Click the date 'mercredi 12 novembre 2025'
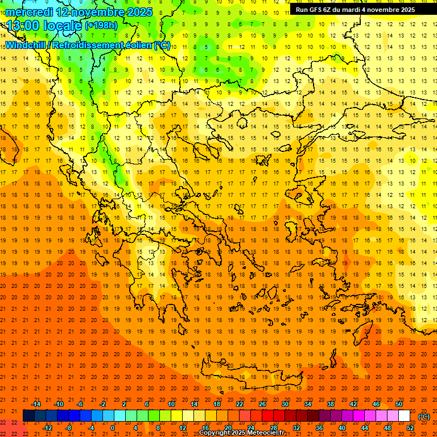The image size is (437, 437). pyautogui.click(x=79, y=12)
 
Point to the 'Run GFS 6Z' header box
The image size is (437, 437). pyautogui.click(x=355, y=10)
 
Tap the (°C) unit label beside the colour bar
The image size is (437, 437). pyautogui.click(x=424, y=417)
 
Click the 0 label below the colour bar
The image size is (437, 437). pyautogui.click(x=113, y=428)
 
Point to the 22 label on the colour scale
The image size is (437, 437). pyautogui.click(x=240, y=404)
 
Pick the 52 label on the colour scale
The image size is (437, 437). pyautogui.click(x=410, y=428)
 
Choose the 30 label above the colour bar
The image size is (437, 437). pyautogui.click(x=285, y=404)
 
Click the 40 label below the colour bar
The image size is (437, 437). pyautogui.click(x=341, y=428)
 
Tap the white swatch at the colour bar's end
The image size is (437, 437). pyautogui.click(x=405, y=416)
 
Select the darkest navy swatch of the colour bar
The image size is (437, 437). pyautogui.click(x=28, y=416)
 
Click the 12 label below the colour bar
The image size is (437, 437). pyautogui.click(x=182, y=428)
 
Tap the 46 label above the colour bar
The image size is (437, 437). pyautogui.click(x=376, y=404)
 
